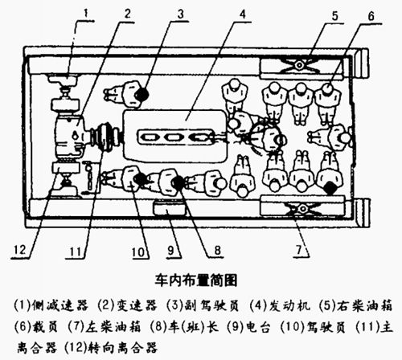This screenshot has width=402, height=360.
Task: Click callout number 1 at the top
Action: (x=86, y=14)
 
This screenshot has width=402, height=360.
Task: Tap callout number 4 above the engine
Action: (x=243, y=14)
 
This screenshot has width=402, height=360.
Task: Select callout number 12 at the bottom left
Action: (x=19, y=250)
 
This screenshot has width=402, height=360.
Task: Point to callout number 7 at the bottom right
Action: (x=299, y=250)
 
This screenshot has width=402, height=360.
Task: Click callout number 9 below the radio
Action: (x=171, y=251)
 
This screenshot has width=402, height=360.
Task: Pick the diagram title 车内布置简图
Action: (x=196, y=280)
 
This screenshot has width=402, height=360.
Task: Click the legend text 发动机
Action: (x=289, y=305)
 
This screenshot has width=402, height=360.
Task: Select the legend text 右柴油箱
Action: (x=365, y=305)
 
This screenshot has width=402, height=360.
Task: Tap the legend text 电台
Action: (x=257, y=326)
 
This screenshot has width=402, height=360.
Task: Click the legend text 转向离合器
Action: (x=122, y=347)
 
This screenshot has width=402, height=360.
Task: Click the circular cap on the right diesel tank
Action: (x=299, y=65)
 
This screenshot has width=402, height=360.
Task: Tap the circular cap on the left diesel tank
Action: (x=303, y=209)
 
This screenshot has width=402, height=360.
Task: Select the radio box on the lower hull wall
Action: (x=170, y=208)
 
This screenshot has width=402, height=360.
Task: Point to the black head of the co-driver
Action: (x=142, y=94)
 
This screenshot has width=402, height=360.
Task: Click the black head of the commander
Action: (x=178, y=182)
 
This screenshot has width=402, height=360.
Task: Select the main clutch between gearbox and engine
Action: (x=105, y=137)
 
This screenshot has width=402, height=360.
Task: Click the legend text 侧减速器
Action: (x=60, y=305)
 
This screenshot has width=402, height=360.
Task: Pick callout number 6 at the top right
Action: (x=371, y=16)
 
